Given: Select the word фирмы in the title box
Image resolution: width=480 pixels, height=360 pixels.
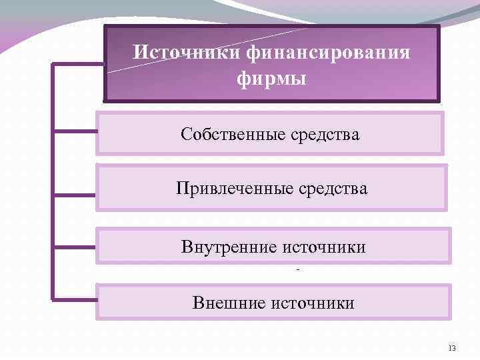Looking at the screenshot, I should click(x=271, y=79).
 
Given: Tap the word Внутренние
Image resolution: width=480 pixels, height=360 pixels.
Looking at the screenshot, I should click(x=229, y=247).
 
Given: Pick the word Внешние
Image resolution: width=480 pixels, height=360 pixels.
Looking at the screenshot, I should click(x=229, y=303).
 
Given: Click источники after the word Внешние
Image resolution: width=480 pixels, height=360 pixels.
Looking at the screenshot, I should click(x=313, y=303).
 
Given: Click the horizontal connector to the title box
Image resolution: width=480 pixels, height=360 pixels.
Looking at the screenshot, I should click(x=77, y=65).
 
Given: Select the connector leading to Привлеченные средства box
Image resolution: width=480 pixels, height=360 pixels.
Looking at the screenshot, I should click(x=75, y=195).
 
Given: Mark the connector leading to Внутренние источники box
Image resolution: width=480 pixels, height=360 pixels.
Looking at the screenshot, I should click(x=75, y=246).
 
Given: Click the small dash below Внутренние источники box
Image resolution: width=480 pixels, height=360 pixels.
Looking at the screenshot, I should click(x=297, y=270).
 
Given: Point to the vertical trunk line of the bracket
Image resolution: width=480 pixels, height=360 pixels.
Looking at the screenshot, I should click(x=52, y=180).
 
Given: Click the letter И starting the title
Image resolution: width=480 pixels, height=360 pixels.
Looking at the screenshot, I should click(x=138, y=52).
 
